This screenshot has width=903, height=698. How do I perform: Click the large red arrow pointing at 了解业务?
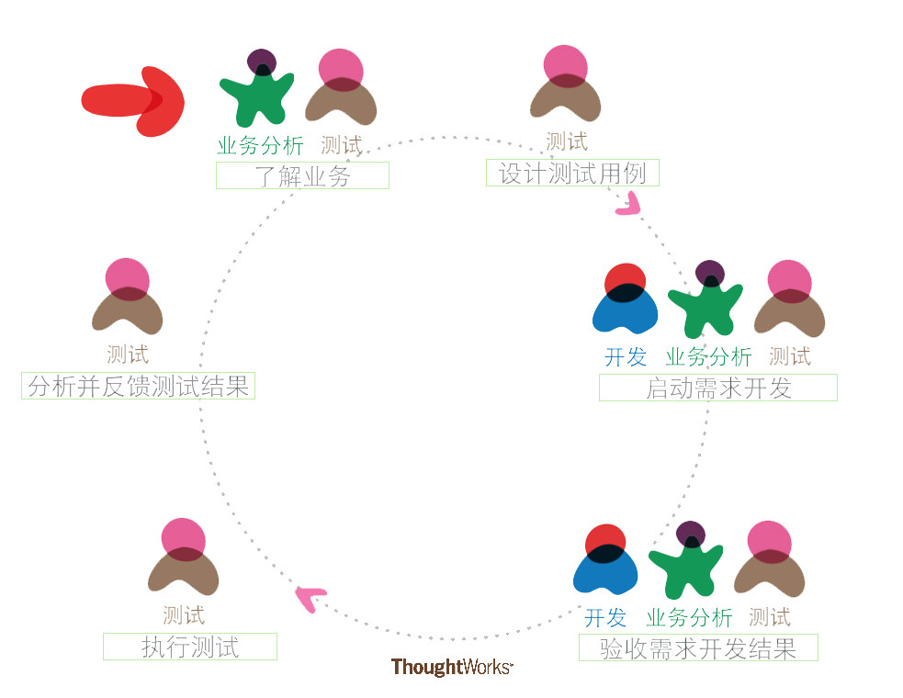[x=133, y=100]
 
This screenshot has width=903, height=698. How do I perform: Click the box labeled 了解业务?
[x=302, y=175]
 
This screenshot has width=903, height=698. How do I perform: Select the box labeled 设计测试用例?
[x=572, y=173]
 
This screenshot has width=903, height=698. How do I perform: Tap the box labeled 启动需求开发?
[x=717, y=388]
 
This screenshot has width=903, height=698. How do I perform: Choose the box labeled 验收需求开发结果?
[x=698, y=647]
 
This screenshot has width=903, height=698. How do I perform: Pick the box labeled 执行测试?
[x=189, y=646]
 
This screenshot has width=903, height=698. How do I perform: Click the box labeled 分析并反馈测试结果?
[x=138, y=386]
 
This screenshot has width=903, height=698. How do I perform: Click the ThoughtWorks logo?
[x=451, y=668]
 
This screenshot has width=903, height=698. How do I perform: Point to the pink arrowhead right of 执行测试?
[x=310, y=598]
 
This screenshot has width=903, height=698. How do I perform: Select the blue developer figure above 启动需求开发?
[x=626, y=300]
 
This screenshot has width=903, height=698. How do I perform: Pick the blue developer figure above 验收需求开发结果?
[x=605, y=560]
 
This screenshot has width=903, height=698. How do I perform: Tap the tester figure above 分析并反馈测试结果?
[x=128, y=298]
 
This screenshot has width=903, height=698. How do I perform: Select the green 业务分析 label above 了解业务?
[x=260, y=146]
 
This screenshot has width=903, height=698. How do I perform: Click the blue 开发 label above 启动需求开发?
[x=626, y=356]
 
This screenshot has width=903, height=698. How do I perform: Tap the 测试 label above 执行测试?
[x=184, y=614]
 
